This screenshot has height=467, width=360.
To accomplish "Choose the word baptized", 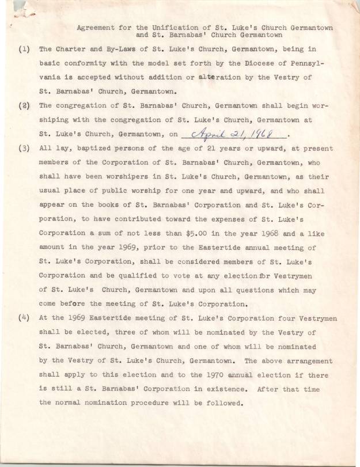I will point(93,149).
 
